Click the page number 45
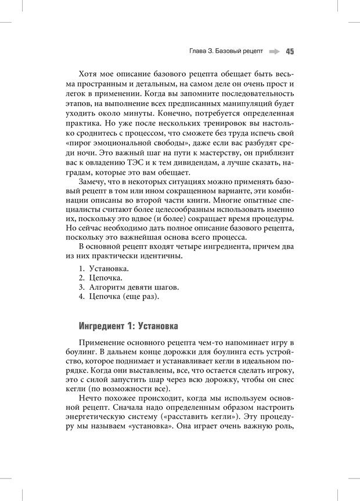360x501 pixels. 290,51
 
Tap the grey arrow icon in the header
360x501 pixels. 274,51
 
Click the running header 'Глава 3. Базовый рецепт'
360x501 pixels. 226,51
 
